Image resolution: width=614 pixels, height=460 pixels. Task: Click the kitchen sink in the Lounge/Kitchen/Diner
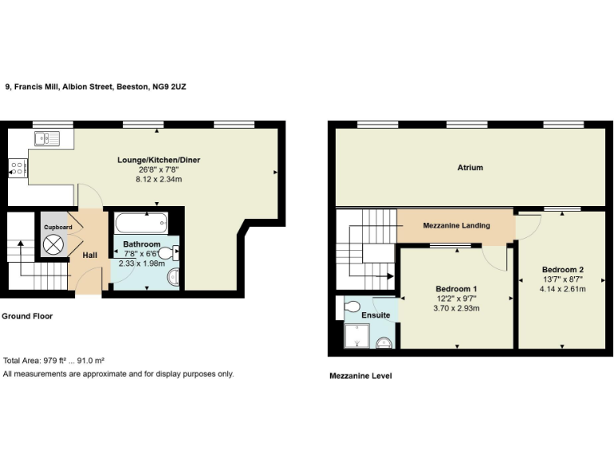(47, 139)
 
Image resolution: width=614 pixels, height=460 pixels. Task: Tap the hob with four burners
(18, 167)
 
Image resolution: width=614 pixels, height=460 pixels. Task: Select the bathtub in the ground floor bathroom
(141, 222)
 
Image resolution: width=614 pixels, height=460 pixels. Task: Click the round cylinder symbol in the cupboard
(54, 247)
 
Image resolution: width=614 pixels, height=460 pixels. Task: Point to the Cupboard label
(58, 228)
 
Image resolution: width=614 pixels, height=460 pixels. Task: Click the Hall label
(90, 256)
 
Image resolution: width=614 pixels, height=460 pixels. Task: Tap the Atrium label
(470, 168)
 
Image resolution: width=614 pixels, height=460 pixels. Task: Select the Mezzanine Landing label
(456, 225)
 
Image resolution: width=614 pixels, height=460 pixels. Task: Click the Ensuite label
(376, 315)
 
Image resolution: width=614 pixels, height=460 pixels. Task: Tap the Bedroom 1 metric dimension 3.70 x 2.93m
(457, 307)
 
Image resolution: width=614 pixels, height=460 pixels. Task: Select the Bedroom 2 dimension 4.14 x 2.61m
(563, 288)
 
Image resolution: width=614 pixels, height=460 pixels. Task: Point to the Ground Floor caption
(27, 316)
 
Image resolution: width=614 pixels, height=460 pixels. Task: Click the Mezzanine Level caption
(361, 375)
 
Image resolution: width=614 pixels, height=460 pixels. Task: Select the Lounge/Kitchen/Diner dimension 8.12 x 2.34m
(159, 180)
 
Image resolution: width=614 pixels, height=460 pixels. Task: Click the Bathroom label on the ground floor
(142, 244)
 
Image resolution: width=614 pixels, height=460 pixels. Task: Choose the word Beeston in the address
(132, 85)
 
